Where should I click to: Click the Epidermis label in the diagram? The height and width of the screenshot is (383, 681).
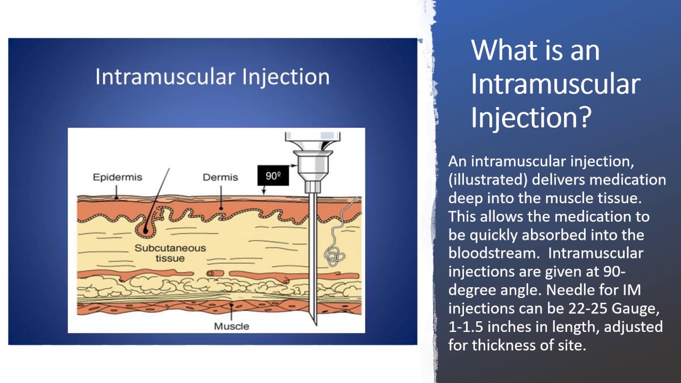[x=117, y=177]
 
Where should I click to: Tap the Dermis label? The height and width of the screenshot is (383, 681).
[x=220, y=177]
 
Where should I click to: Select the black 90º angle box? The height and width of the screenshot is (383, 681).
[x=273, y=176]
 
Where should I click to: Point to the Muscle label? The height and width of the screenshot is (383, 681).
[x=231, y=326]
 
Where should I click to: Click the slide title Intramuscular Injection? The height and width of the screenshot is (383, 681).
[x=212, y=77]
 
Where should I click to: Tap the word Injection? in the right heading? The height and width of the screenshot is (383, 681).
[x=530, y=118]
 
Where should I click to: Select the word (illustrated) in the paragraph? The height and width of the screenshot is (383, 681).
[x=487, y=179]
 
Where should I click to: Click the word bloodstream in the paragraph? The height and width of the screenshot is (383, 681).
[x=490, y=253]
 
